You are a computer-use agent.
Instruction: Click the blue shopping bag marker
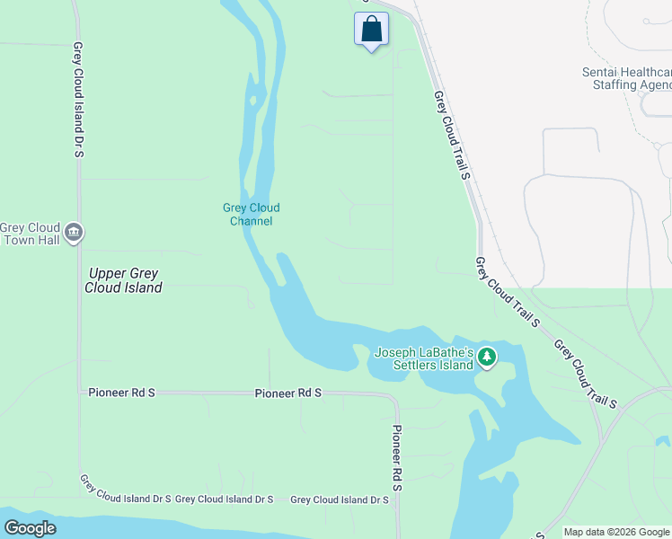tap(372, 30)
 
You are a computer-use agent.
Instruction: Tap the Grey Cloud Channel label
tap(252, 214)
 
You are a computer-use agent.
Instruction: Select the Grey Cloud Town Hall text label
tap(30, 234)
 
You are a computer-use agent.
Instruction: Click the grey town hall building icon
tap(75, 233)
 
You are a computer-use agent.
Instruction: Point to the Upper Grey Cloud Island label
tap(123, 280)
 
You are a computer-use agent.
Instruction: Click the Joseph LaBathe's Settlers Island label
tap(424, 358)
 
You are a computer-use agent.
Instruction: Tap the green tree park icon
tap(487, 358)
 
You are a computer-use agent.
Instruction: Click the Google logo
tap(30, 528)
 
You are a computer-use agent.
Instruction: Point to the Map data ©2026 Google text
tap(616, 532)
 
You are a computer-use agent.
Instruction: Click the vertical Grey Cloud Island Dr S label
tap(78, 100)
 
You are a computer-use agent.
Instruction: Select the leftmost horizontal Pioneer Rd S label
tap(122, 393)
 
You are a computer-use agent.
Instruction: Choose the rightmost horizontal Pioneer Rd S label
tap(287, 393)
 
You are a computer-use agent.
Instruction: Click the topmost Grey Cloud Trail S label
tap(452, 134)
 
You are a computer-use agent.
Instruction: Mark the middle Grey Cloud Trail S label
tap(507, 291)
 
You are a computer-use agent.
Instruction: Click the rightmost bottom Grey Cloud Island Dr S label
tap(340, 499)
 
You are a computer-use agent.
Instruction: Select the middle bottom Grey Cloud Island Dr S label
tap(225, 499)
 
